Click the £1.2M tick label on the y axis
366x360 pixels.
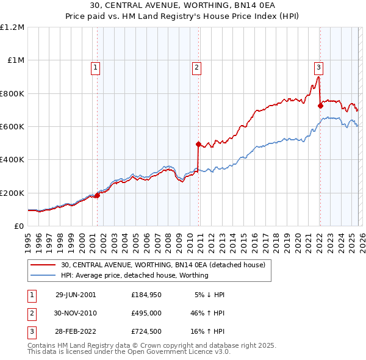click(12, 27)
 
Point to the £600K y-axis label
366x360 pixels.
click(12, 127)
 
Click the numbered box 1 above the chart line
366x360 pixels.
click(96, 68)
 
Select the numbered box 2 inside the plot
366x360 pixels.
click(197, 68)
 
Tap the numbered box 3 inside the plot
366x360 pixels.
click(319, 68)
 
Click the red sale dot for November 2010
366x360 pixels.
click(198, 145)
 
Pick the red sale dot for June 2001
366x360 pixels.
click(97, 196)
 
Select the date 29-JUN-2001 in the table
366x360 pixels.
click(76, 295)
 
